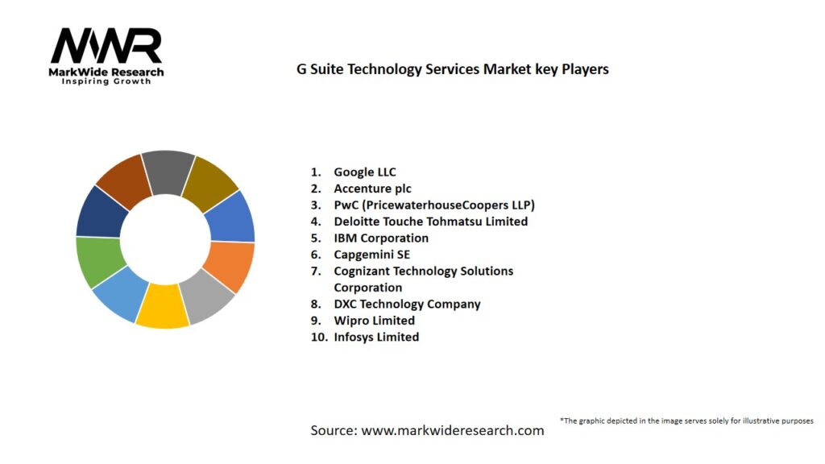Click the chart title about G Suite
click(453, 69)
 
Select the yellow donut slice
click(163, 307)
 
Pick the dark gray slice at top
click(168, 172)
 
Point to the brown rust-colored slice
click(123, 180)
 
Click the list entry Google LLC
click(365, 172)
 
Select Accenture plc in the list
click(372, 188)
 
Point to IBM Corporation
click(381, 238)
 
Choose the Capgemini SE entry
click(371, 255)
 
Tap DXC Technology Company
click(407, 304)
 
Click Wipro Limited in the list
click(374, 321)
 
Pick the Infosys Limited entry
click(376, 338)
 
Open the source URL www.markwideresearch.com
click(452, 431)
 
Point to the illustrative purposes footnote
click(686, 420)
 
